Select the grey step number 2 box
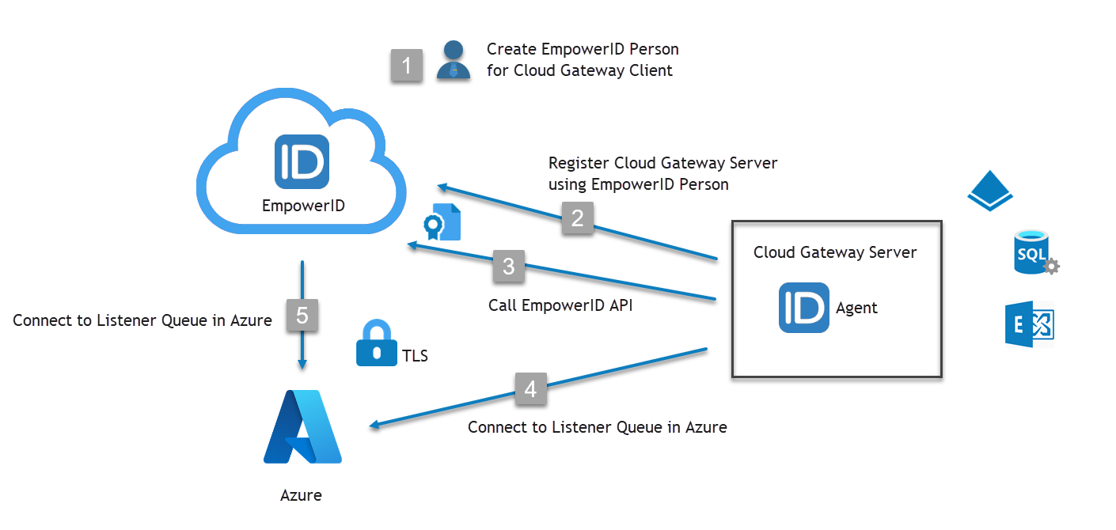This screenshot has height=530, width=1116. [x=578, y=218]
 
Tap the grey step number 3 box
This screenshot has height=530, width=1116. [x=509, y=267]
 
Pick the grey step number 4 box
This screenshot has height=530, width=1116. [x=530, y=388]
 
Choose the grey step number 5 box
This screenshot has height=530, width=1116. [x=302, y=316]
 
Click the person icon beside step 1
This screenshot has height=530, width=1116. [x=454, y=60]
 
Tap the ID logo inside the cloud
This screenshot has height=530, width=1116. [x=302, y=161]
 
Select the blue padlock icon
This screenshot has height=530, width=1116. [x=376, y=344]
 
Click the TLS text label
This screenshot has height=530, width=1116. [x=415, y=356]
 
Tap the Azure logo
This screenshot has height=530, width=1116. [x=302, y=426]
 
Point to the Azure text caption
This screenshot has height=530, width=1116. [x=302, y=496]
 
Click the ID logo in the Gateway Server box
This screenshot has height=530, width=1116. [x=804, y=307]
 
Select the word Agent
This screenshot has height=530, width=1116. [x=857, y=308]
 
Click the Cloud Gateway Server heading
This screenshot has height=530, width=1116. [x=835, y=252]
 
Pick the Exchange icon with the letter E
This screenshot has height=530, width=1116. [x=1030, y=324]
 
